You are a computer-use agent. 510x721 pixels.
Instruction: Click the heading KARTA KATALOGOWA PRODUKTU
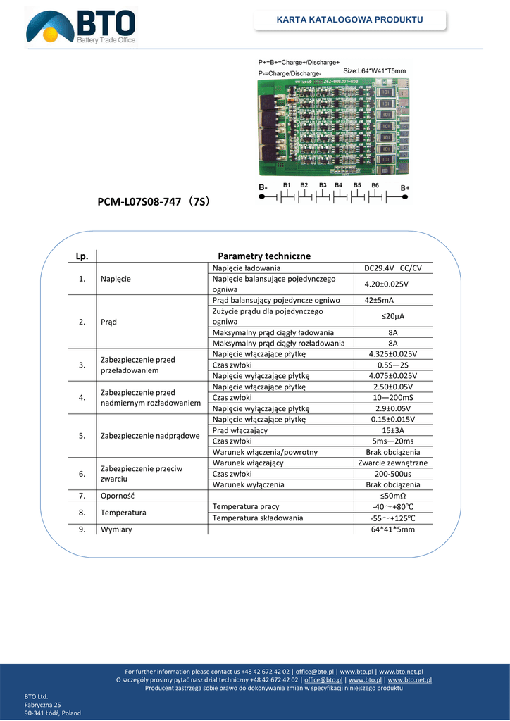coord(349,19)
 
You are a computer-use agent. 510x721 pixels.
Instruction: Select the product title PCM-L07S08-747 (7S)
coord(153,203)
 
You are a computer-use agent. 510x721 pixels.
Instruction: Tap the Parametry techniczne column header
coord(264,256)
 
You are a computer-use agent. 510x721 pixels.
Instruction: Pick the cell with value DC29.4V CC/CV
coord(393,268)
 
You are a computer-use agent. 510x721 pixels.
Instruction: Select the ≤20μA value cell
coord(393,316)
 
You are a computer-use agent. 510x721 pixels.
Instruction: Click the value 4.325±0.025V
coord(393,353)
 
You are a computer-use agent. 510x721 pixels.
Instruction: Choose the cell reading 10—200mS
coord(393,397)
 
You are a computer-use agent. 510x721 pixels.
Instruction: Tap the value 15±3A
coord(393,430)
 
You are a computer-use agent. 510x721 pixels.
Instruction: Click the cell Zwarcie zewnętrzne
coord(393,463)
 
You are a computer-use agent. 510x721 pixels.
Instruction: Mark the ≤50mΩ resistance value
coord(393,496)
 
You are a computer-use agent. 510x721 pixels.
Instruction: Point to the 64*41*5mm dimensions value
coord(393,529)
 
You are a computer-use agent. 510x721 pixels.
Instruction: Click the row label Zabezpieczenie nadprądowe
coord(149,436)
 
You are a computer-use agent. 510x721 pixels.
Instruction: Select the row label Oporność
coord(118,496)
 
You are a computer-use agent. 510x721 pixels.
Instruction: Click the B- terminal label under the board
coord(263,188)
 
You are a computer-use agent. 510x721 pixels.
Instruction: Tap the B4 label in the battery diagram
coord(339,185)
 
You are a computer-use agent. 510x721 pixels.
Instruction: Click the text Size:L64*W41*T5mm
coord(375,71)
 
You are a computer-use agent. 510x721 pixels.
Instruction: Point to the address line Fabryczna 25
coord(43,704)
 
